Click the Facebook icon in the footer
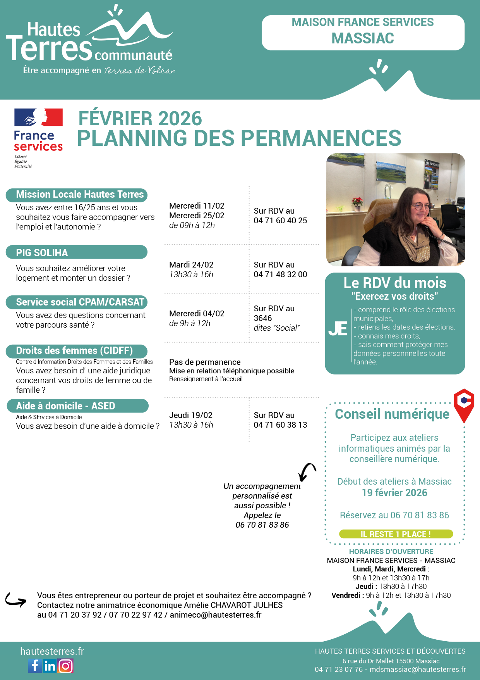point(35,666)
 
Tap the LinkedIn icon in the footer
point(50,666)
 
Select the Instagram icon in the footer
point(65,666)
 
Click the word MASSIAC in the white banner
point(363,38)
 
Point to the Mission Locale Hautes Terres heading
point(79,195)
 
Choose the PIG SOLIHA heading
point(42,253)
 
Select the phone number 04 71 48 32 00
point(280,274)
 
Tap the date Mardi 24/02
point(191,265)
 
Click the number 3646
point(263,318)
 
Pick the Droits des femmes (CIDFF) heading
point(74,351)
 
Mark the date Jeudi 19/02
point(191,415)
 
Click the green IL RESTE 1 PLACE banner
point(396,534)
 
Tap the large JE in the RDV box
point(338,329)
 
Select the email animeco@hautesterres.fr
point(216,615)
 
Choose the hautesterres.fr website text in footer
point(52,651)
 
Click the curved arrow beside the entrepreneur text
point(16,600)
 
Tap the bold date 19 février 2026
point(394,493)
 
